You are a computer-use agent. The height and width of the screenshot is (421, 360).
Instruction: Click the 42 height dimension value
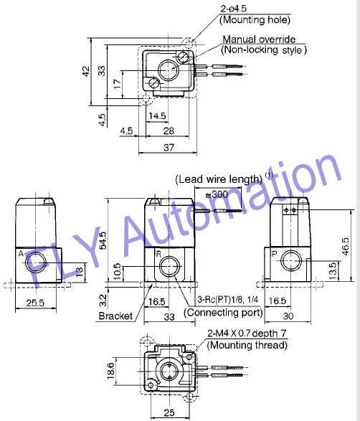tap(86, 72)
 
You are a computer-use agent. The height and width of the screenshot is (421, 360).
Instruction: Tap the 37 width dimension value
tap(169, 148)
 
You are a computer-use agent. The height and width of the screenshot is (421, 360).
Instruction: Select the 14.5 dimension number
tap(157, 116)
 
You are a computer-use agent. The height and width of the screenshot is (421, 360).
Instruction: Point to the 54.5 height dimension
tap(103, 240)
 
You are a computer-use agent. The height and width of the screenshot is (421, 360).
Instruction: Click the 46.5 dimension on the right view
tap(346, 247)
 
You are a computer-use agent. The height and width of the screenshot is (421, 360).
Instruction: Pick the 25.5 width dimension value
tap(35, 303)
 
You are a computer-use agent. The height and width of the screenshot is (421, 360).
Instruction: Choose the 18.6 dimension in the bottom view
tap(110, 371)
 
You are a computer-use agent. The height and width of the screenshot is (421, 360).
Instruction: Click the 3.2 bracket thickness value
tap(103, 301)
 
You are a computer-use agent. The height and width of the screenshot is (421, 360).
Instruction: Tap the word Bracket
tap(115, 316)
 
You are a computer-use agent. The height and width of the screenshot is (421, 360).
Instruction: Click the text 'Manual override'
tap(259, 39)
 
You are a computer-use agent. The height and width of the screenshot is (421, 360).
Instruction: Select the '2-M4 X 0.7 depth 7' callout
tap(247, 334)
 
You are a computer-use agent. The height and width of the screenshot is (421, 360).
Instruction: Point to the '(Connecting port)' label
tap(223, 313)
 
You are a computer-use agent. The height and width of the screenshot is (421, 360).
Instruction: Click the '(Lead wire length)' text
tap(219, 179)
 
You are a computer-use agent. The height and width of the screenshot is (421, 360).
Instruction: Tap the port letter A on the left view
tap(21, 253)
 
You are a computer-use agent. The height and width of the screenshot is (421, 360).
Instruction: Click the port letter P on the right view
tap(274, 253)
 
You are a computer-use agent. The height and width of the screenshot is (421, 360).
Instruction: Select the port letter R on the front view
tap(158, 253)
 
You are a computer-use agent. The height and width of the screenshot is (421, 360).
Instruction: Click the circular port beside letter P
tap(291, 260)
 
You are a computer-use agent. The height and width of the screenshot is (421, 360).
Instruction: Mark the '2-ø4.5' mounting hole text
tap(233, 9)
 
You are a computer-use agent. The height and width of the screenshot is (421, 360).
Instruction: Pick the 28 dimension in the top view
tap(169, 131)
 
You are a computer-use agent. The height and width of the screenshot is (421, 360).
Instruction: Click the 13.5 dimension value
tap(332, 271)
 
